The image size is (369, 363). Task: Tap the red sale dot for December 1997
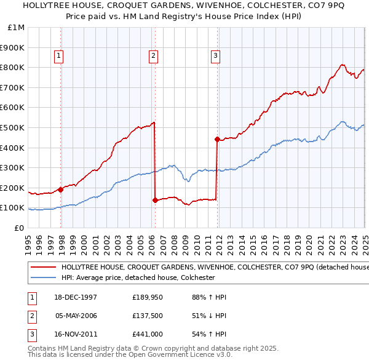pos(61,189)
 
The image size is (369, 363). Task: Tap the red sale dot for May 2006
pos(155,200)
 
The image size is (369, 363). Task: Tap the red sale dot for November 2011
pos(217,139)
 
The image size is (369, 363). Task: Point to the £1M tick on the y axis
pos(16,28)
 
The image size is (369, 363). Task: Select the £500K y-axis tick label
pos(13,127)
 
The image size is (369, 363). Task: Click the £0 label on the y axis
pos(19,228)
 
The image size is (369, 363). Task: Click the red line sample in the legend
pos(42,268)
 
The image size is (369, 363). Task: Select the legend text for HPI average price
pos(137,277)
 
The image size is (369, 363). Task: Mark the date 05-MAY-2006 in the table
pos(76,316)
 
